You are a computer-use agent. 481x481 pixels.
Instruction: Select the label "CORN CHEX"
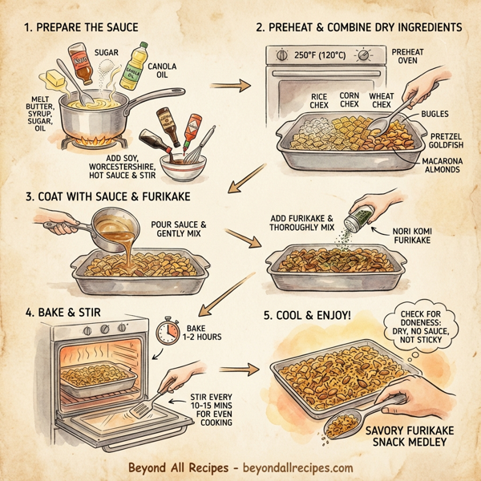(349, 100)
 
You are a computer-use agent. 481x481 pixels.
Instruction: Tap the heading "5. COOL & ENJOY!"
(308, 313)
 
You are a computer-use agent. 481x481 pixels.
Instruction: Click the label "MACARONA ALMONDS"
(446, 166)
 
